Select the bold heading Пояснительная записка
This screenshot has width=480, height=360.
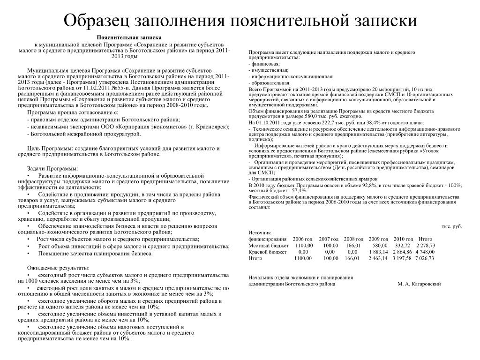pyautogui.click(x=129, y=37)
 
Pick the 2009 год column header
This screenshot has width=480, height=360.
pyautogui.click(x=378, y=239)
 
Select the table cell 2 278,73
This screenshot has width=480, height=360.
pyautogui.click(x=425, y=245)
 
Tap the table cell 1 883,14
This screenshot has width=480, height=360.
pyautogui.click(x=378, y=252)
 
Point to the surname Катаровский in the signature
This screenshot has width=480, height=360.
pyautogui.click(x=424, y=284)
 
